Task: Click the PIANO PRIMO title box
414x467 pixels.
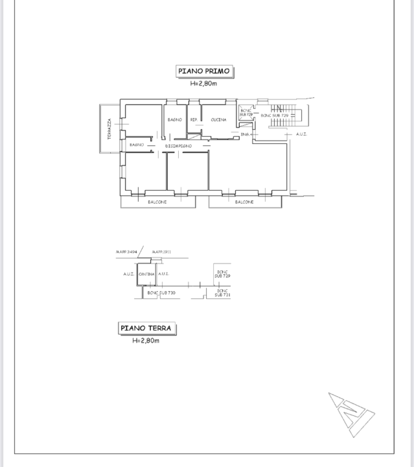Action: tap(204, 72)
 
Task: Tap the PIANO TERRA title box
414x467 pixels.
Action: tap(147, 328)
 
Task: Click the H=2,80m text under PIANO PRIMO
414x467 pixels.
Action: tap(203, 84)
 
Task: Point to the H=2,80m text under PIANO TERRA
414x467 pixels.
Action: tap(146, 341)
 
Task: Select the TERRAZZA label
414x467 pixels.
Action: tap(109, 129)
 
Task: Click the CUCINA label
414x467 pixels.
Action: tap(218, 120)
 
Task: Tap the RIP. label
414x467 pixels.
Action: tap(194, 120)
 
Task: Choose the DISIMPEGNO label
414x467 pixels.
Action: tap(178, 147)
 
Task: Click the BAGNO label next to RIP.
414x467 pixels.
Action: tap(174, 120)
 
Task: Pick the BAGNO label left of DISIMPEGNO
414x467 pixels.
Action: tap(137, 145)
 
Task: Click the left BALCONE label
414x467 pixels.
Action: tap(157, 202)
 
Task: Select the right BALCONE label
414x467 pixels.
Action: tap(244, 202)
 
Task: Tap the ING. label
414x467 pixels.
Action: tap(245, 134)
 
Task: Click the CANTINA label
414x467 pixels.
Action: tap(146, 274)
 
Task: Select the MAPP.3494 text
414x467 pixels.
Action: tap(126, 252)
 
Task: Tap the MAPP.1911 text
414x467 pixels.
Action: tap(161, 252)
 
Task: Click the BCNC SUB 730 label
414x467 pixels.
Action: tap(161, 293)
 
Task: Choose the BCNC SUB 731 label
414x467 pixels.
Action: tap(222, 293)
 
